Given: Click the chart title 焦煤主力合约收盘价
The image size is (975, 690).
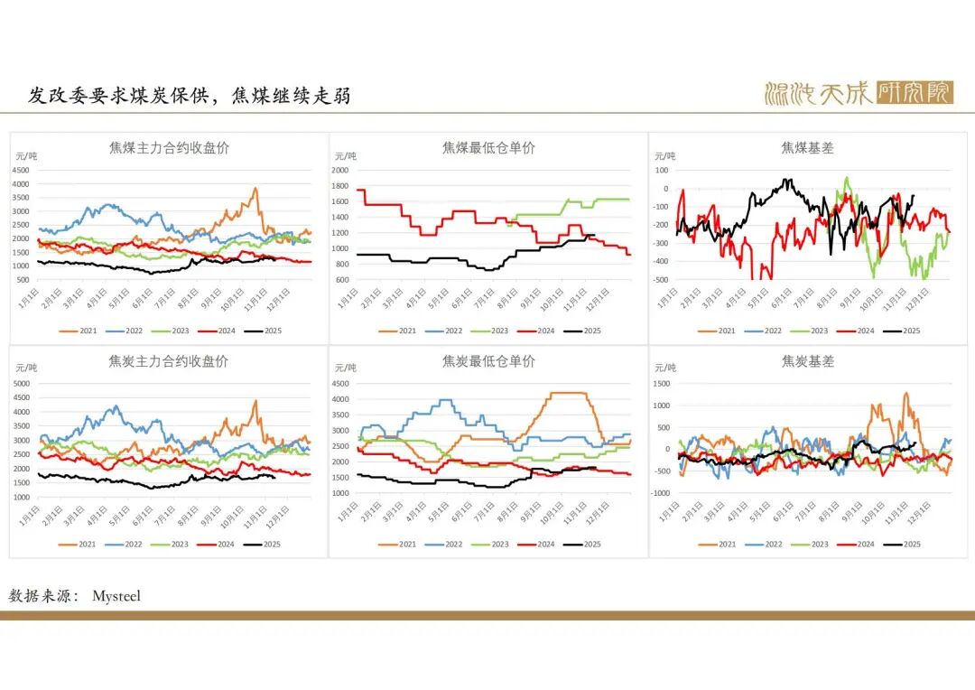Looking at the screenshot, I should tap(169, 147).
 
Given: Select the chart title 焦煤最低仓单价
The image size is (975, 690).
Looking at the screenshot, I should tap(488, 147).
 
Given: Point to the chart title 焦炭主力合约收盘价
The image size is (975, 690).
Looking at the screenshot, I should tap(169, 361).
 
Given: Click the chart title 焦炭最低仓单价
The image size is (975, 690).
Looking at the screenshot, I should tap(488, 361).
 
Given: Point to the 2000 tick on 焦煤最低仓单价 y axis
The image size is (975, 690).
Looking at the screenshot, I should tap(339, 170).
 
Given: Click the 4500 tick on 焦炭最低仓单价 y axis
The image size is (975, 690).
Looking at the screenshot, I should tap(339, 383).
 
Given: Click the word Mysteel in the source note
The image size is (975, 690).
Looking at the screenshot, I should tap(116, 596).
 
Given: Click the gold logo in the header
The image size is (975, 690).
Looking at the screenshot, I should tap(858, 92).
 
